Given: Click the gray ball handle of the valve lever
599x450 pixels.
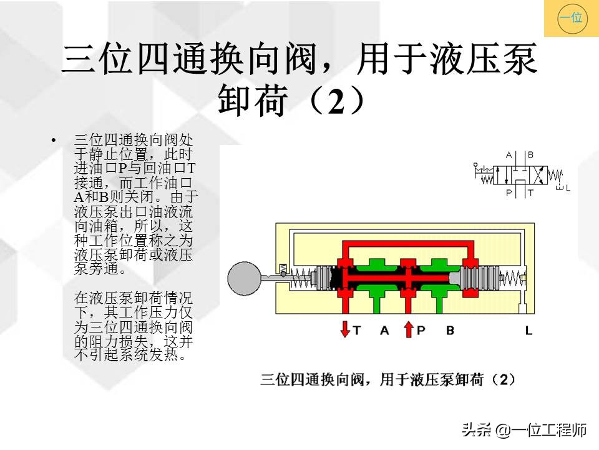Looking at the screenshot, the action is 245,278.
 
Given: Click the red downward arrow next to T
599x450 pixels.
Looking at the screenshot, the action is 345,329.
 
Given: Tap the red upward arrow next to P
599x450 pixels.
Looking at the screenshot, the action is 408,329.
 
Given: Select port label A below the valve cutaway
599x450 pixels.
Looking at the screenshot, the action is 384,330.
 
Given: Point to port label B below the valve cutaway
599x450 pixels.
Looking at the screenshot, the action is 450,330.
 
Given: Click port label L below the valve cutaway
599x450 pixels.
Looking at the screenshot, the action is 528,330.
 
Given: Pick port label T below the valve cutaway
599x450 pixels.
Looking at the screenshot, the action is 357,330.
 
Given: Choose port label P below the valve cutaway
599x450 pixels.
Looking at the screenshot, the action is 421,330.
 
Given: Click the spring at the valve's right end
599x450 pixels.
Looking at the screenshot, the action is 512,277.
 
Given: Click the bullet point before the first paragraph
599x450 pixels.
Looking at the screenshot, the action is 53,140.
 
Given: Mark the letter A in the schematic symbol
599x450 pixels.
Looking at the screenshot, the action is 509,155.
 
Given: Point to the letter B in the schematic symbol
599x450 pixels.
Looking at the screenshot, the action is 530,155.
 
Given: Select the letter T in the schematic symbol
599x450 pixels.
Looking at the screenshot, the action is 530,192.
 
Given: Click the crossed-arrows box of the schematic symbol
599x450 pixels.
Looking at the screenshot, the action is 538,176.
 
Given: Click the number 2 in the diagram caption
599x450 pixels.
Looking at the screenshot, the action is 504,379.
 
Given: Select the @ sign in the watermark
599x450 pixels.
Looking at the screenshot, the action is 504,430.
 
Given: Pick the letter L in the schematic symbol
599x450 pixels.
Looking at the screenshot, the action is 568,188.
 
